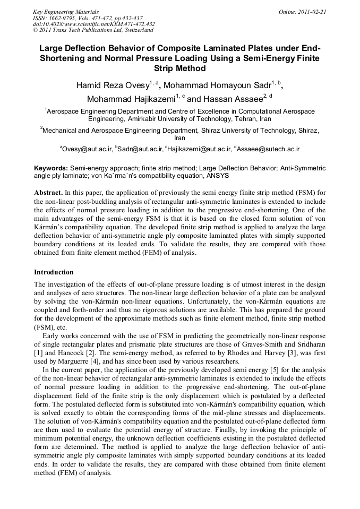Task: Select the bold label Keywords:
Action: (x=50, y=168)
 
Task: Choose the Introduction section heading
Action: (x=54, y=272)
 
